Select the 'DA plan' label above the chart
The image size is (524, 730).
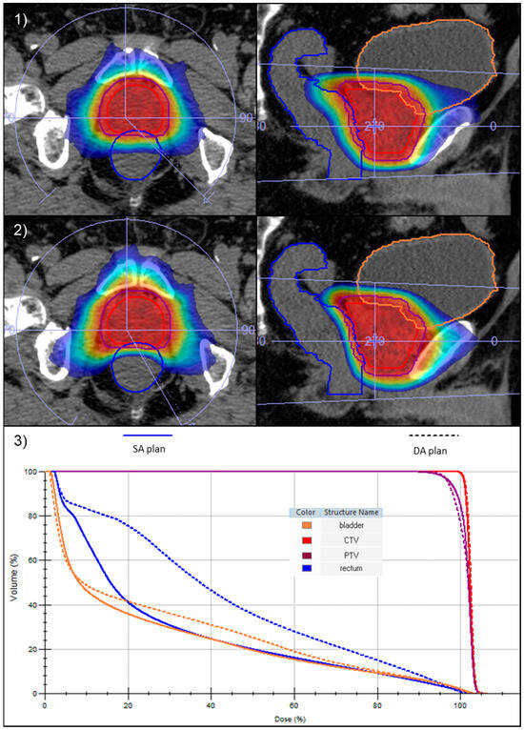(433, 450)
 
